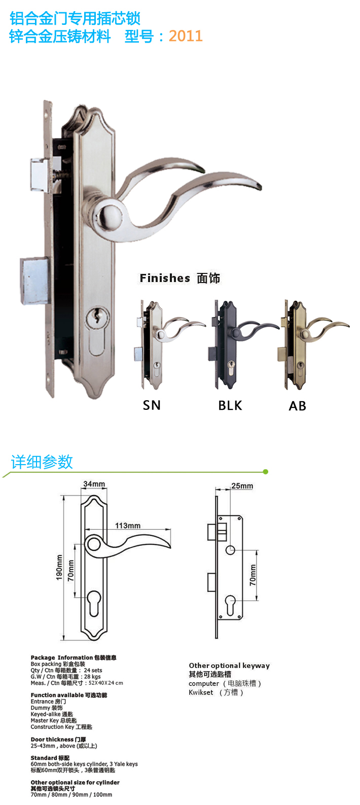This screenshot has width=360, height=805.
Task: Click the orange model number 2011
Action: (185, 36)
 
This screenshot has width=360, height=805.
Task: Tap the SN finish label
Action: (152, 405)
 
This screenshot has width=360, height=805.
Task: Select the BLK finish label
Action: (230, 406)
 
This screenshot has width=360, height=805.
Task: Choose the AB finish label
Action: (297, 406)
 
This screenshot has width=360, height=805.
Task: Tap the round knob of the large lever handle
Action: (110, 213)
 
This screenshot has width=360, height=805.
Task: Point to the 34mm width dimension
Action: (94, 484)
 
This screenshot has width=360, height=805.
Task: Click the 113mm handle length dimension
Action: (128, 526)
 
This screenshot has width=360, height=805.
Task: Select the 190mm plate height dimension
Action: (59, 567)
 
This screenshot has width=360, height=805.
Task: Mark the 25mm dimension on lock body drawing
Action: (242, 486)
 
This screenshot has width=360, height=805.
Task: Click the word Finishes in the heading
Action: (165, 278)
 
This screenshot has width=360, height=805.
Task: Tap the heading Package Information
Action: (62, 657)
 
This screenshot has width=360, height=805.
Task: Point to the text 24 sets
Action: (93, 670)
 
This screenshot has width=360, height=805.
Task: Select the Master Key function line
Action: (54, 720)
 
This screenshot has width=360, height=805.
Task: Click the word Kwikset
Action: (201, 692)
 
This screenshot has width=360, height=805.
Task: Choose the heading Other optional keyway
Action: (229, 666)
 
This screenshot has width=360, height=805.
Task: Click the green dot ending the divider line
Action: (266, 472)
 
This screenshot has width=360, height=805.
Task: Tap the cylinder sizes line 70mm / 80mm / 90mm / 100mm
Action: (71, 794)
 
